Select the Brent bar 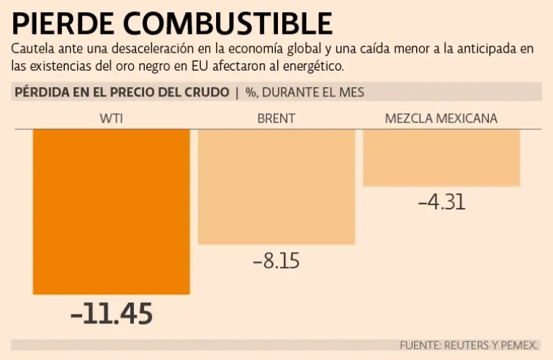[276, 186]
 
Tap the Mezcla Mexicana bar [441, 158]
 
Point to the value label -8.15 [276, 261]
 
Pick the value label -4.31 [441, 202]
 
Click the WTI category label [111, 119]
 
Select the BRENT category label [276, 119]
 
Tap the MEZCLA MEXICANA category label [441, 119]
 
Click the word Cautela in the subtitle [31, 50]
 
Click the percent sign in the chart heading [251, 92]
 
